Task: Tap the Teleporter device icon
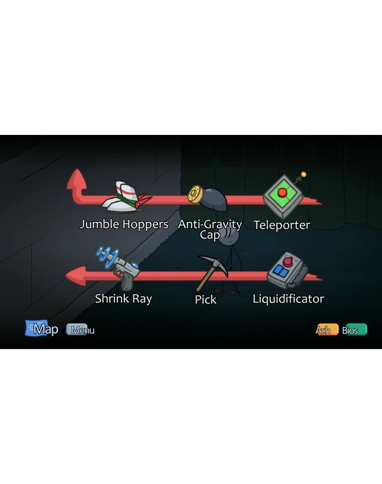(283, 196)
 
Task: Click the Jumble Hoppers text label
(124, 225)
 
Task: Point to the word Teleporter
(282, 225)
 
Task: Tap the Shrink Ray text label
(123, 299)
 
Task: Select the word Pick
(206, 300)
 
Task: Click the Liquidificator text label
(288, 299)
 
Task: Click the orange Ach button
(326, 330)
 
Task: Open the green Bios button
(354, 330)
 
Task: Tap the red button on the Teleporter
(283, 193)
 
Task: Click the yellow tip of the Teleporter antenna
(304, 174)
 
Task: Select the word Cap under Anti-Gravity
(210, 235)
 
